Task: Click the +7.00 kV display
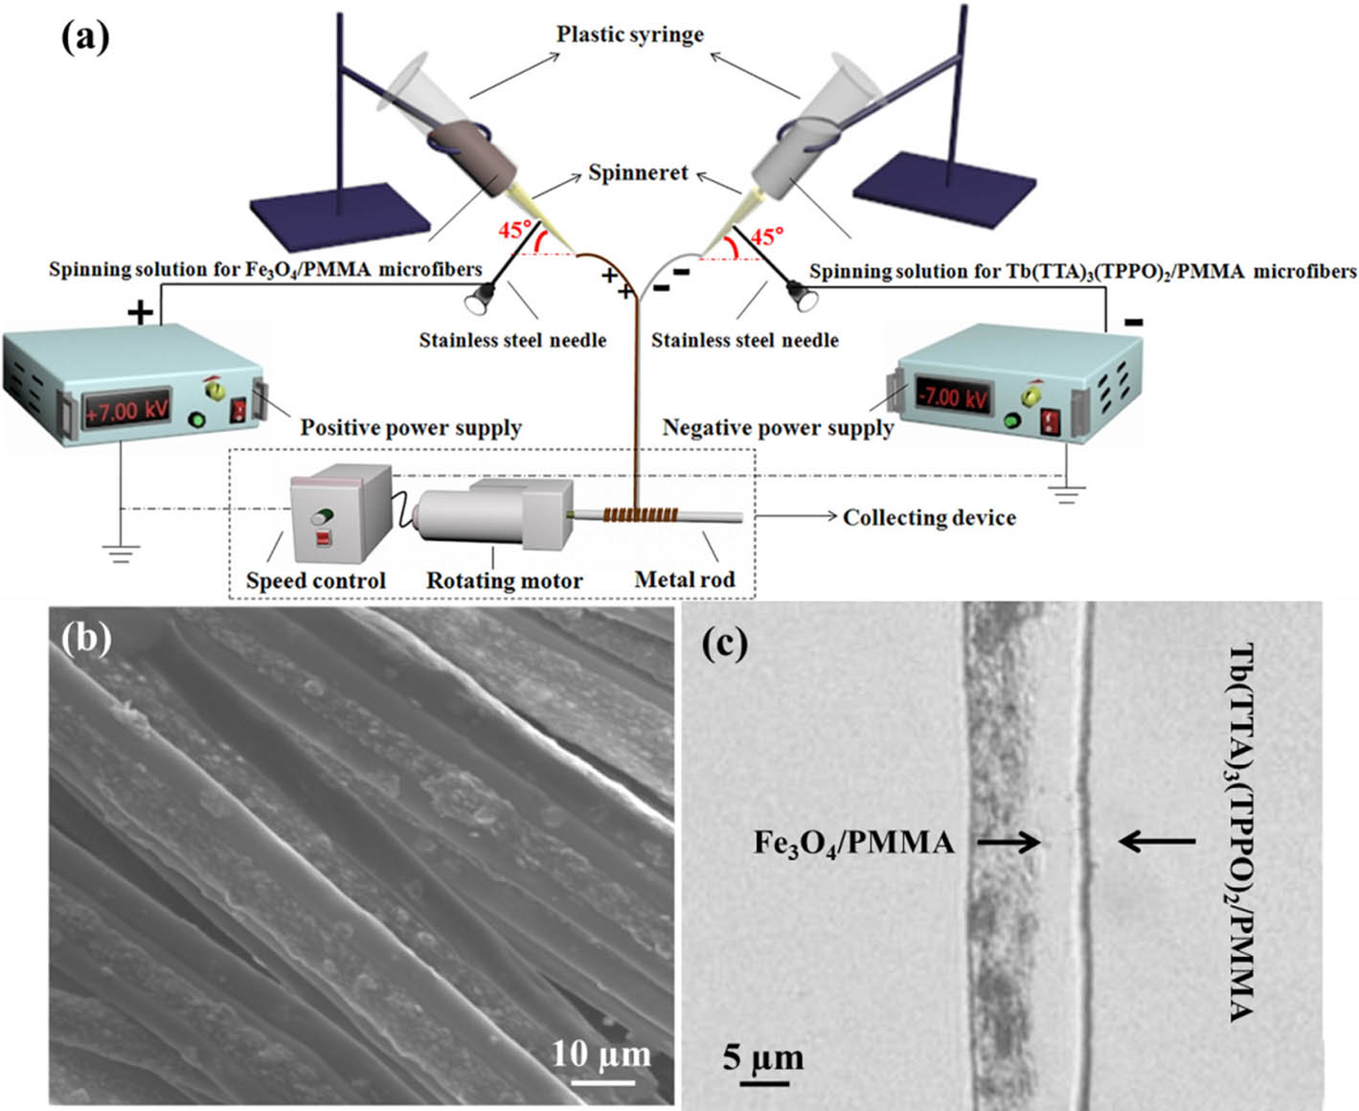(x=127, y=411)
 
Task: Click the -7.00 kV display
(x=953, y=395)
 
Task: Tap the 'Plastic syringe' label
(x=630, y=34)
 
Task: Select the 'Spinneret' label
(x=638, y=173)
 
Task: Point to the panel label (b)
(x=86, y=637)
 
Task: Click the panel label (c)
(x=724, y=643)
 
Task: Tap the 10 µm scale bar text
(x=601, y=1054)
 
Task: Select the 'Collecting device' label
(x=929, y=518)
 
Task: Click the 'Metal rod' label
(x=685, y=579)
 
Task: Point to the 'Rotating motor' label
(x=504, y=580)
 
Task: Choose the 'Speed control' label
(x=315, y=580)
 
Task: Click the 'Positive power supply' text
(x=411, y=427)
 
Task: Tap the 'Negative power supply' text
(x=778, y=427)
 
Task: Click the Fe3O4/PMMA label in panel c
(x=853, y=843)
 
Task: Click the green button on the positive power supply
(x=199, y=419)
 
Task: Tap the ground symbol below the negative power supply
(x=1066, y=493)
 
